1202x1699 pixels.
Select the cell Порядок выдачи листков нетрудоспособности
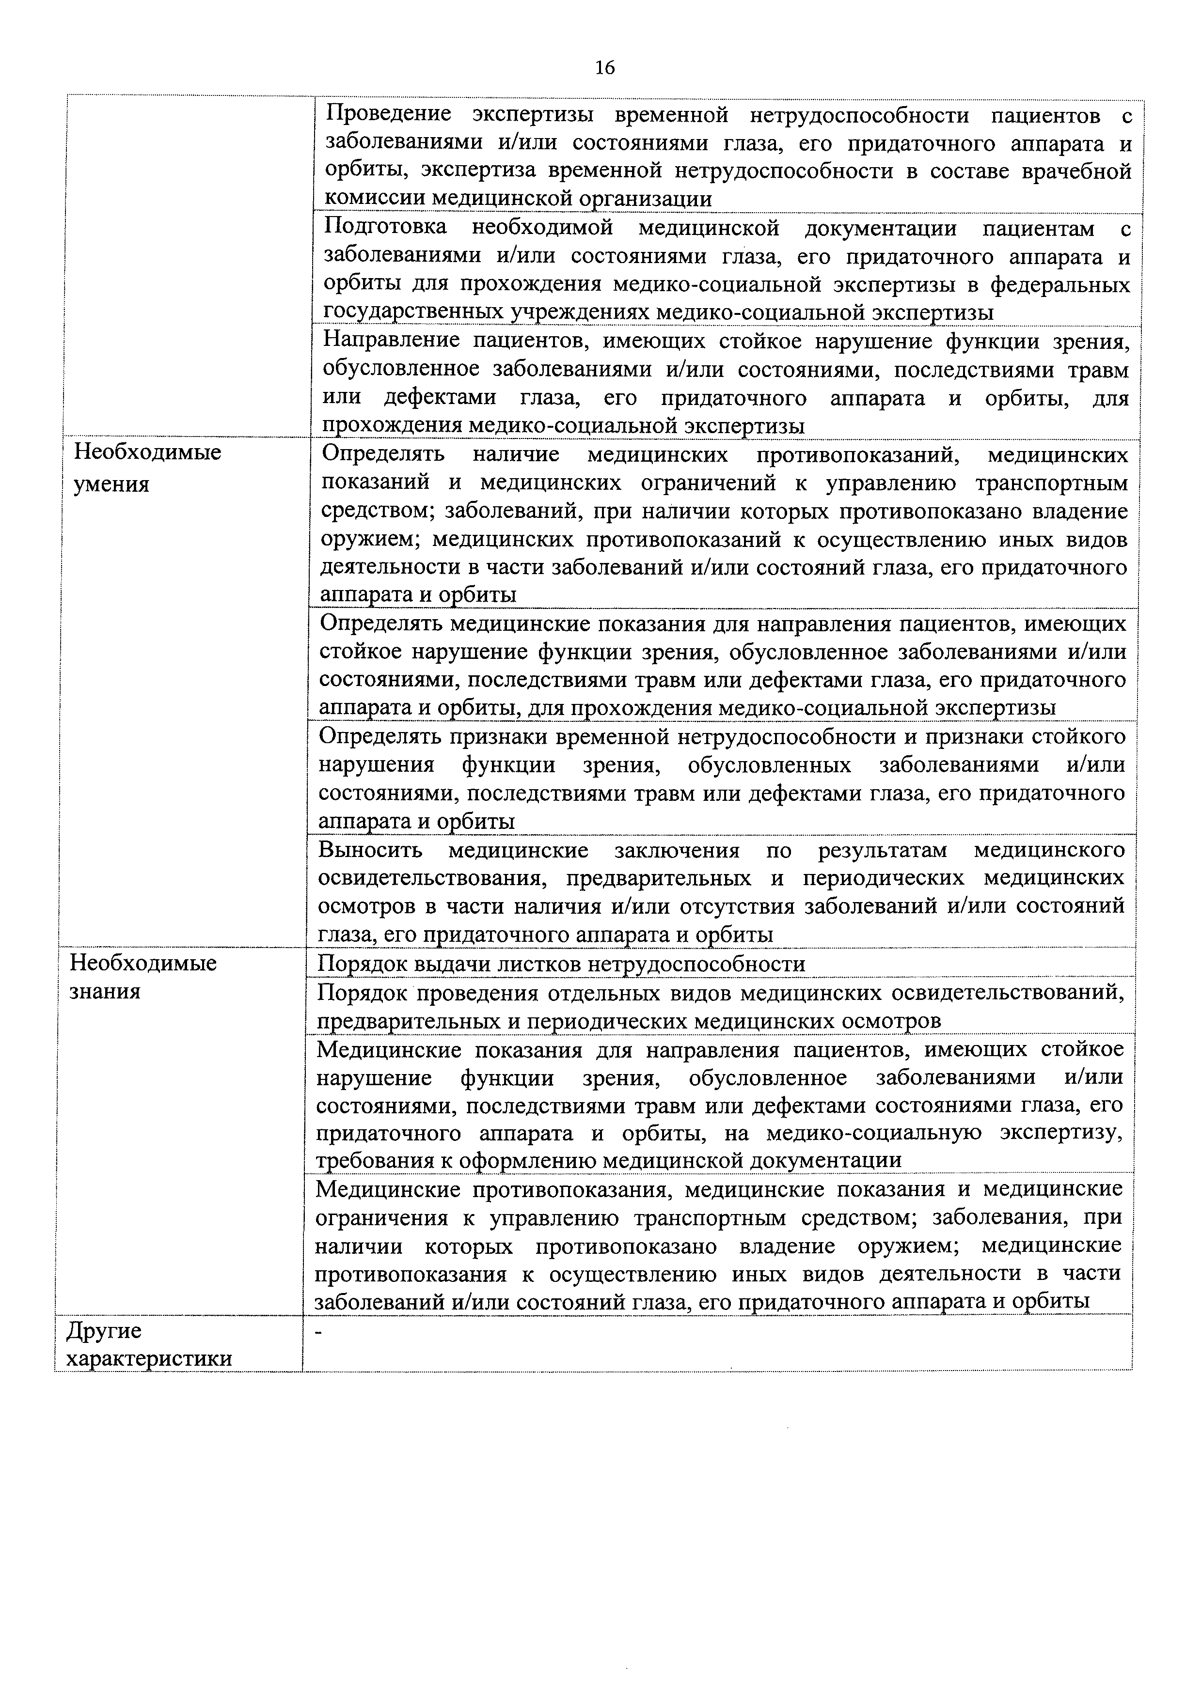[561, 964]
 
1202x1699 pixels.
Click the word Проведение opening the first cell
[389, 115]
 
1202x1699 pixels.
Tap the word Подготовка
[386, 228]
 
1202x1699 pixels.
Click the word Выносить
[370, 850]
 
